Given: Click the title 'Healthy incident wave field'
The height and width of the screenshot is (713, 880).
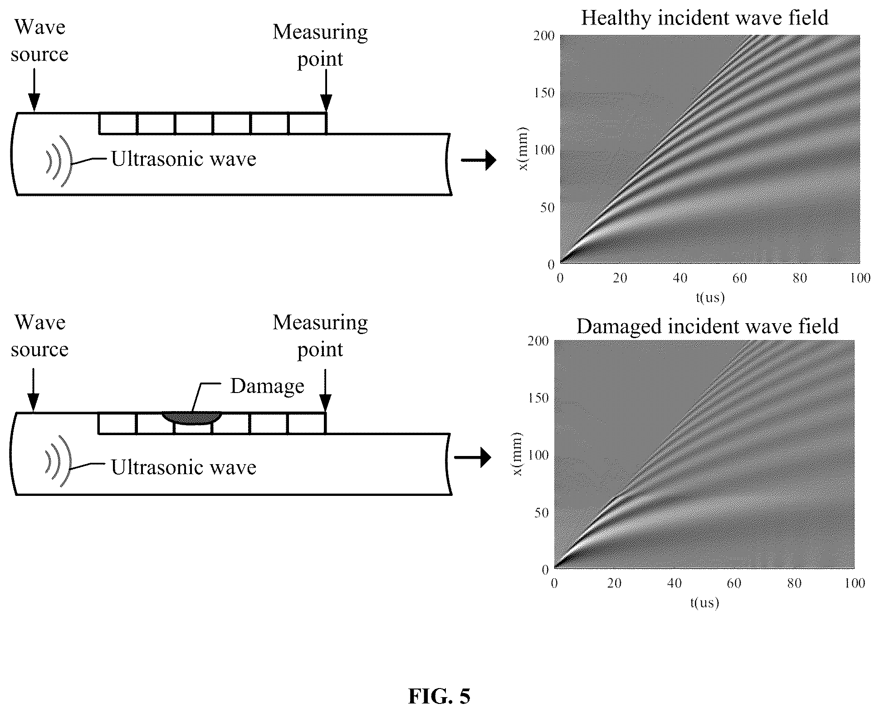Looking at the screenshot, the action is (x=704, y=18).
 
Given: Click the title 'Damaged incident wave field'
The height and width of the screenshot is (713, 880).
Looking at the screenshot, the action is (x=707, y=326).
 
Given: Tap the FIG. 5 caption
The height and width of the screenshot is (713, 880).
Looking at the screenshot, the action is (x=439, y=696).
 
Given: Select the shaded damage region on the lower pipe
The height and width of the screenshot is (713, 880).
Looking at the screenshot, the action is (x=192, y=417).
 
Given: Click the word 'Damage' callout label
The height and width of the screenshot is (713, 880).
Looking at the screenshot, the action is (x=267, y=386).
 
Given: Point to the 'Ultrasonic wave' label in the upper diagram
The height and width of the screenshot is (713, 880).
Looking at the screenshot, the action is (x=184, y=159).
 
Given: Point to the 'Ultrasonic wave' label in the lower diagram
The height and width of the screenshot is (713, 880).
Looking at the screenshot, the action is (x=184, y=467).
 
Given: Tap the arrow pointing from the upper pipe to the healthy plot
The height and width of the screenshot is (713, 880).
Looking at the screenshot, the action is (x=479, y=160).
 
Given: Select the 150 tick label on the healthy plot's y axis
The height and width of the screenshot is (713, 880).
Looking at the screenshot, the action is (x=544, y=93).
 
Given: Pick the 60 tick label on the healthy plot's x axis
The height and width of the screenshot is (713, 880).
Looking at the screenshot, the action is (x=739, y=278).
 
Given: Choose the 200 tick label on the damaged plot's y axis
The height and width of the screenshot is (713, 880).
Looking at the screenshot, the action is (x=538, y=341).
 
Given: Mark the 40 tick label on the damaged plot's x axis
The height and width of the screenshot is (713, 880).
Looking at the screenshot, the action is (x=674, y=583).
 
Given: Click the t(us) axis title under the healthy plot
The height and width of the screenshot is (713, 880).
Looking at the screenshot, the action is (x=710, y=297).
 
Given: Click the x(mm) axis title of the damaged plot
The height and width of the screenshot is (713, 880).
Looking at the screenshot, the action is (x=517, y=454).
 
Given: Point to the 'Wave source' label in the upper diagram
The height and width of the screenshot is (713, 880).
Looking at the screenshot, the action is (x=40, y=40).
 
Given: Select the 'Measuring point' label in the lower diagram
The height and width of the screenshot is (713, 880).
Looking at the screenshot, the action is (x=320, y=336).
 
